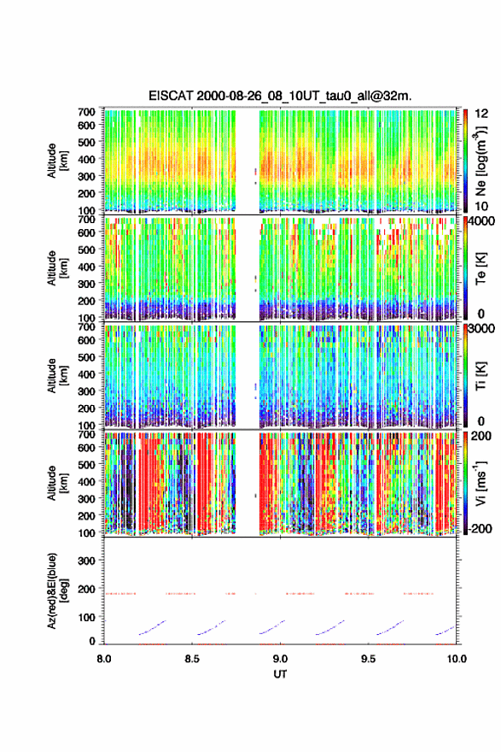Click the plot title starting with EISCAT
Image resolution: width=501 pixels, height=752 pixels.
[x=280, y=96]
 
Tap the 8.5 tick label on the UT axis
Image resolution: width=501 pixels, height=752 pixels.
[x=192, y=659]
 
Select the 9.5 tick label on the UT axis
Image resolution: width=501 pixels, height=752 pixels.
[x=369, y=659]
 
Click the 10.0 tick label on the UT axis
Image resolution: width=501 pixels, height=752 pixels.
[x=457, y=659]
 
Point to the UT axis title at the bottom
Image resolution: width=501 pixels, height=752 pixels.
[x=280, y=674]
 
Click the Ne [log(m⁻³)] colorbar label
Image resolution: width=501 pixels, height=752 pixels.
[x=481, y=160]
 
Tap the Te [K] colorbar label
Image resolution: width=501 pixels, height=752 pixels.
[x=481, y=268]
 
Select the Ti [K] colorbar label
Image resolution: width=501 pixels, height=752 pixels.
[x=481, y=375]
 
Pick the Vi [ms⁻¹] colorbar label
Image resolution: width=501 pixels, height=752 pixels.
[x=481, y=483]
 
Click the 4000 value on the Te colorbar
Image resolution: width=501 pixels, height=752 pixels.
[x=482, y=222]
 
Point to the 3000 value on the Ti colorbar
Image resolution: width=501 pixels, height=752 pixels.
[x=482, y=329]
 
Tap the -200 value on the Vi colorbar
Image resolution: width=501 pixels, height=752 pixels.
[x=481, y=528]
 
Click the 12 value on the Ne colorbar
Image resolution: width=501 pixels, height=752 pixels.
[x=482, y=114]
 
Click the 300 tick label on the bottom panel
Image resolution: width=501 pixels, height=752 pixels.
[x=87, y=561]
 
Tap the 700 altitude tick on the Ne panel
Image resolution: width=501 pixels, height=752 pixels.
[x=87, y=112]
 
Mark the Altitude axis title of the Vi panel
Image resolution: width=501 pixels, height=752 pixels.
[x=57, y=483]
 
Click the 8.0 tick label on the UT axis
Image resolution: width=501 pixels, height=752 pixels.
[x=104, y=659]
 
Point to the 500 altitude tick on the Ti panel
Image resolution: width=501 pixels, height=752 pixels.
[x=87, y=357]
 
